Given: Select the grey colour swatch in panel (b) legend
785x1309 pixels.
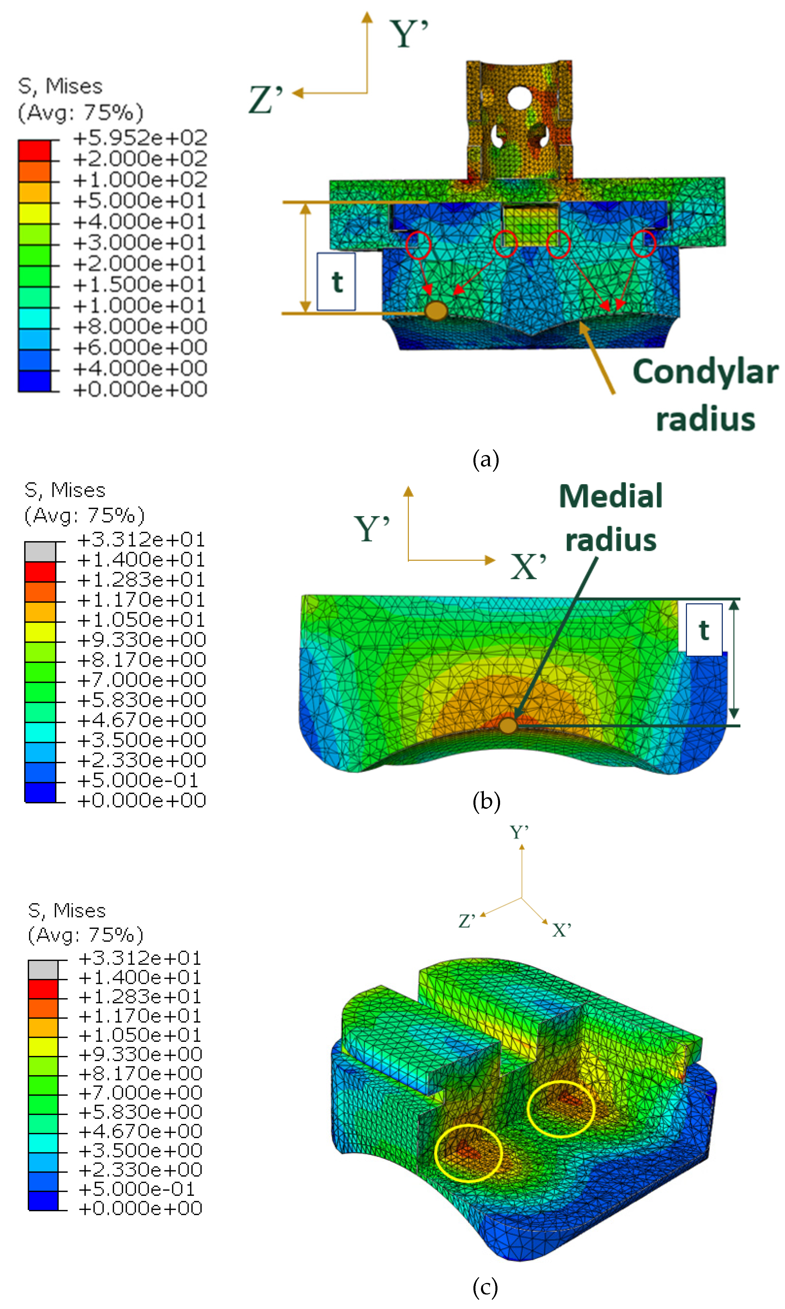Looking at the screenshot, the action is point(40,551).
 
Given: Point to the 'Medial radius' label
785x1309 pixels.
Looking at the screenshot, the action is point(611,518).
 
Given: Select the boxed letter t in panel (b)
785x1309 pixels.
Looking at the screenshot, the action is point(704,630).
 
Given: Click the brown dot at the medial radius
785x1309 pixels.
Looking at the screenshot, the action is point(508,725).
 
